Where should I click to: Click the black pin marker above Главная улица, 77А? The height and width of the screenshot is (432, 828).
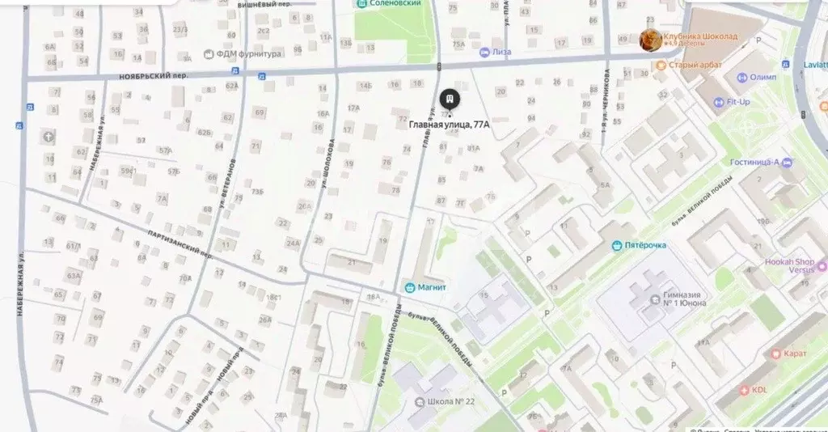(x=450, y=100)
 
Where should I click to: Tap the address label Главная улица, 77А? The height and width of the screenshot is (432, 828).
(x=448, y=125)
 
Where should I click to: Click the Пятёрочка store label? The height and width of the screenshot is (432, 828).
(x=644, y=245)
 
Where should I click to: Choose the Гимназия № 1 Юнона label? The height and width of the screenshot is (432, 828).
(x=684, y=298)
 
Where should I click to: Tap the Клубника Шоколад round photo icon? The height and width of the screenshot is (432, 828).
(x=649, y=40)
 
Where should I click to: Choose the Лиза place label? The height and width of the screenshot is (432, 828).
(x=501, y=52)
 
